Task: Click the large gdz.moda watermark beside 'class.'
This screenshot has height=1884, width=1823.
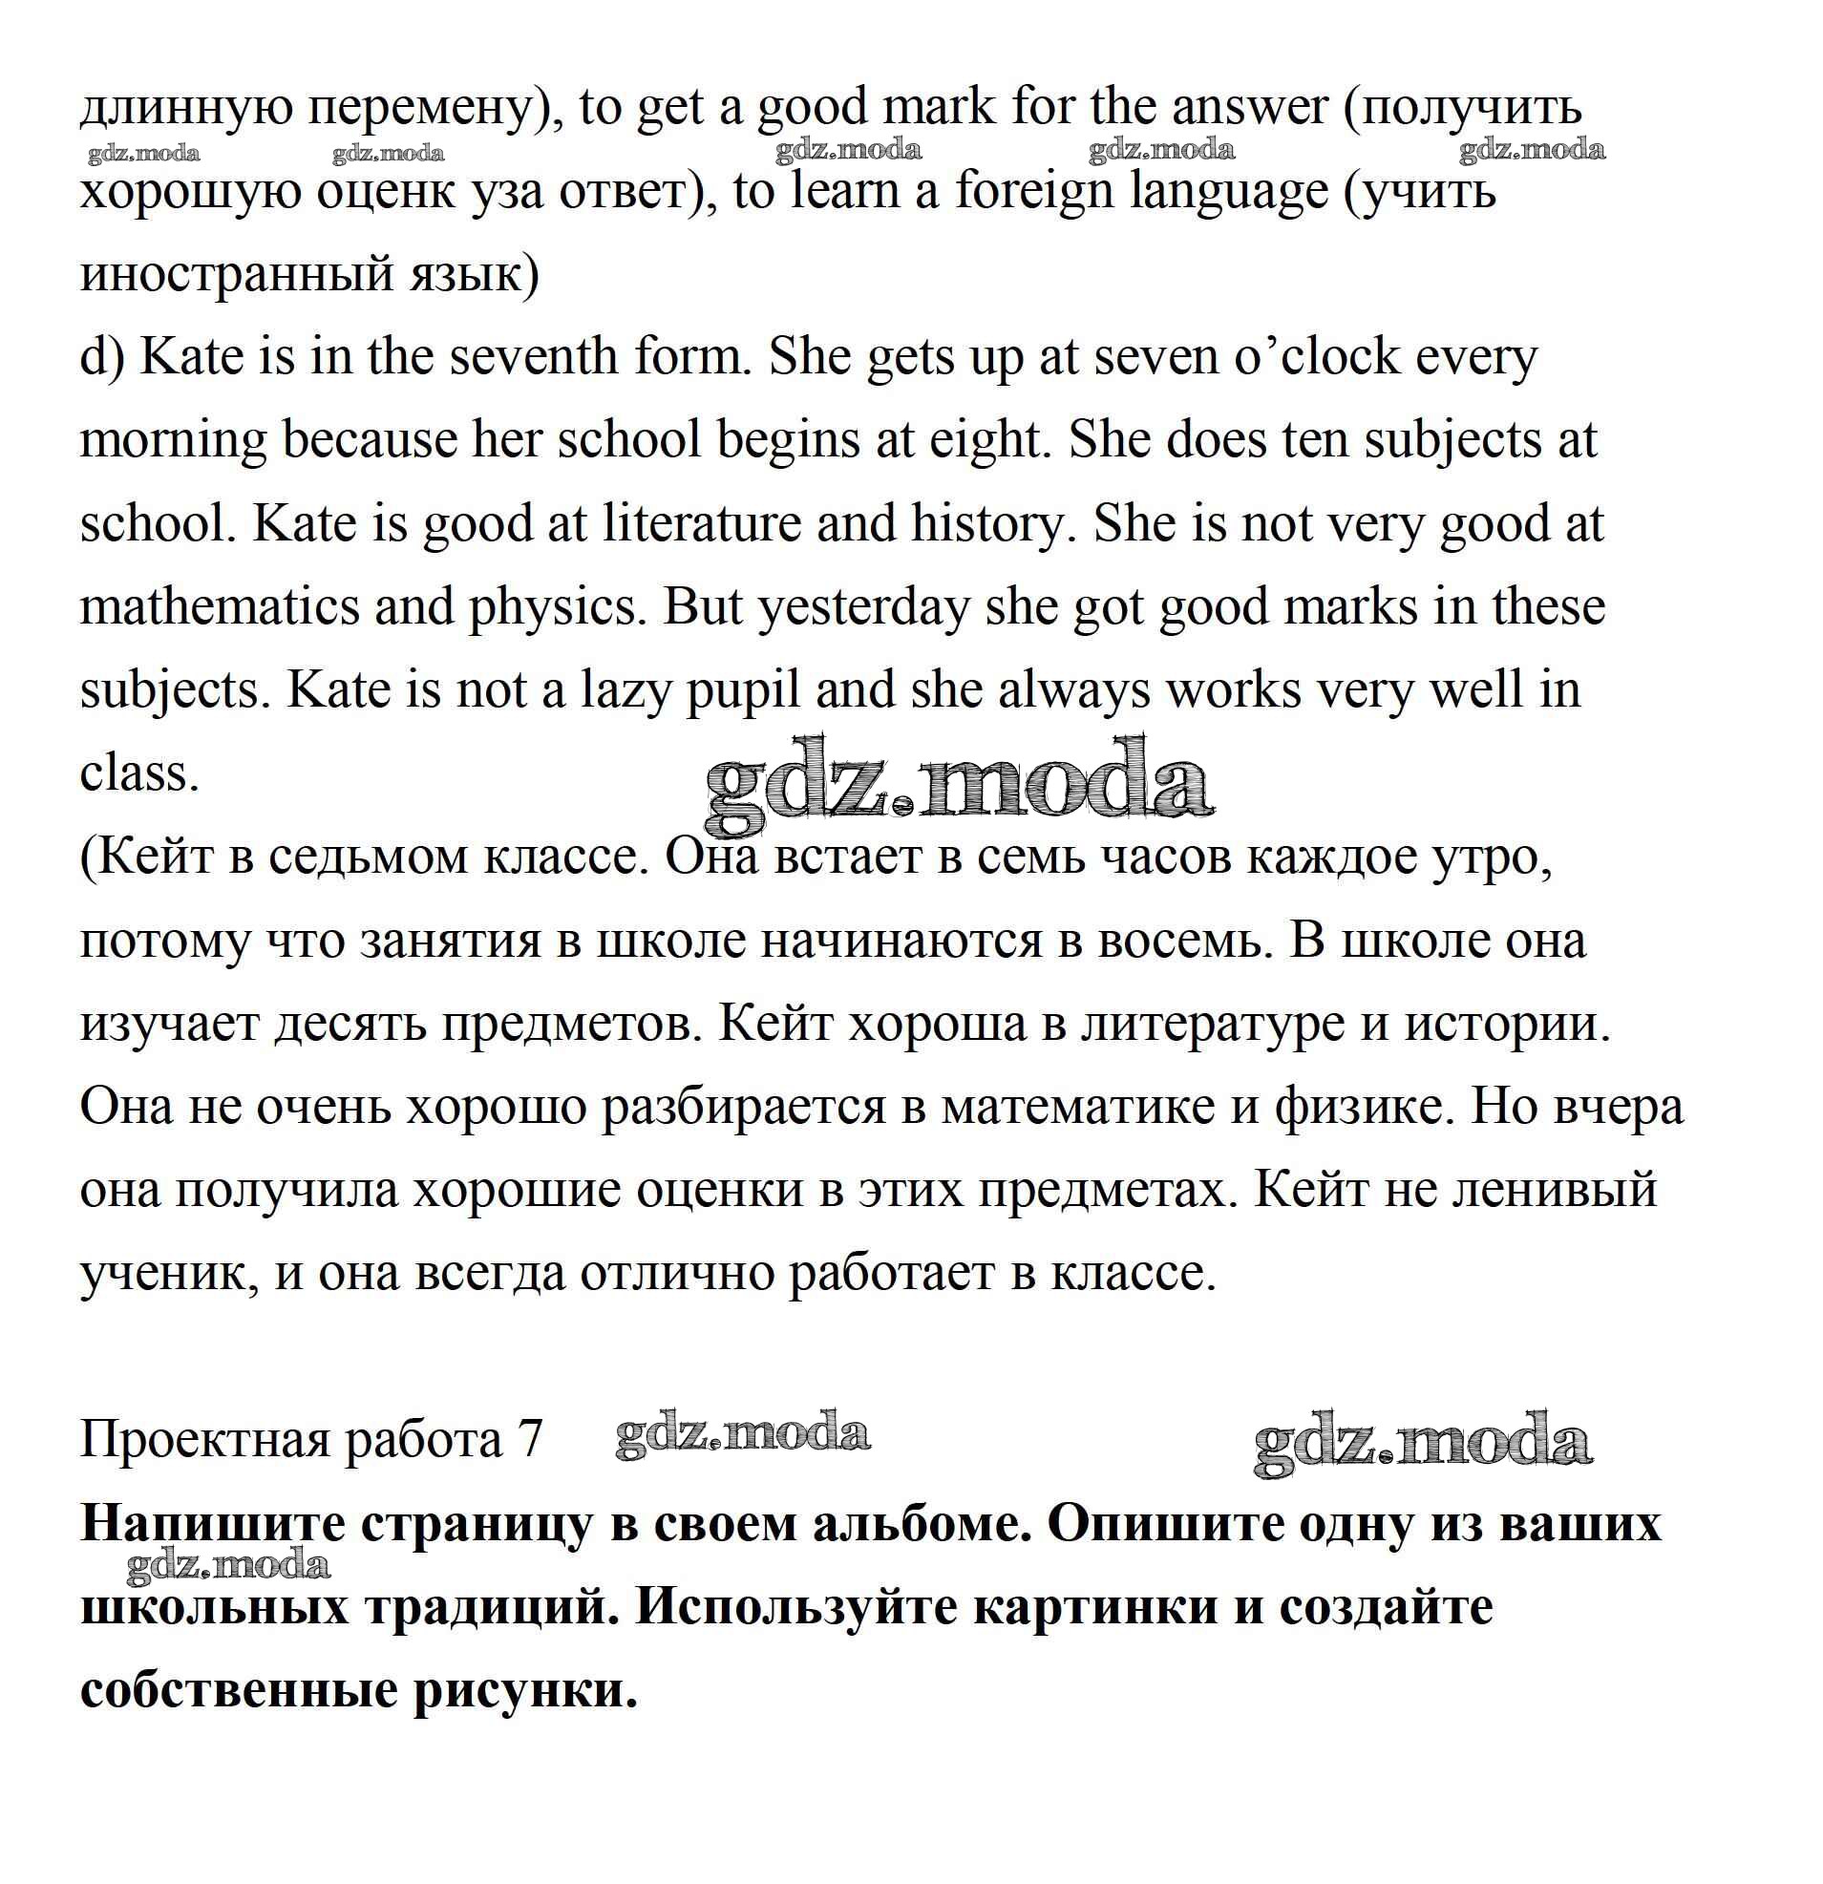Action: [958, 784]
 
